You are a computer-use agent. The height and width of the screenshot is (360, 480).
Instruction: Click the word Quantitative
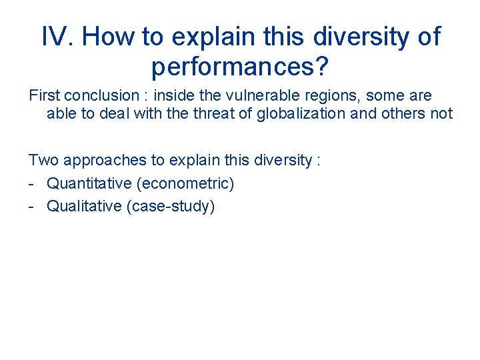(x=89, y=183)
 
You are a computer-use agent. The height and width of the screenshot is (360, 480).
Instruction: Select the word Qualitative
(x=83, y=206)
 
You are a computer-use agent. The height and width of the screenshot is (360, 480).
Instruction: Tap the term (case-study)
(x=170, y=206)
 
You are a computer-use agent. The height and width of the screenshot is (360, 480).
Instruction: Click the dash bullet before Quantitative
(x=32, y=183)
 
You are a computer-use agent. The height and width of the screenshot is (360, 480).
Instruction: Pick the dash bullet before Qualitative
(x=32, y=206)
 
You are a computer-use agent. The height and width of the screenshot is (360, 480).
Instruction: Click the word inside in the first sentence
(x=174, y=96)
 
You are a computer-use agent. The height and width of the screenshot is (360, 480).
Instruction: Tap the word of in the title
(x=427, y=37)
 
